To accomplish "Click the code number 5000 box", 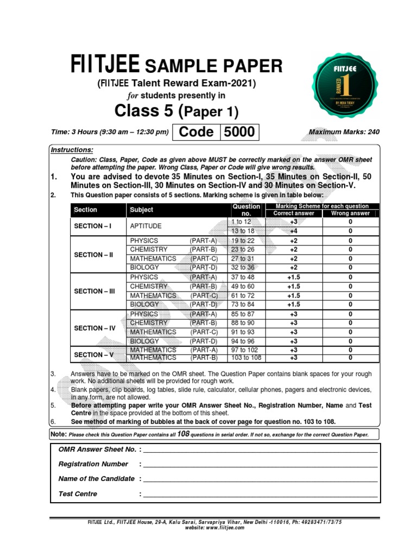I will (238, 132).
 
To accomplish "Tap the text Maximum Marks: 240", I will (344, 132).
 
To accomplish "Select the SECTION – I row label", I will (92, 226).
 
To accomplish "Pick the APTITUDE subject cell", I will (146, 226).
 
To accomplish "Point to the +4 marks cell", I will (293, 231).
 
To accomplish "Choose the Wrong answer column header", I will (350, 213).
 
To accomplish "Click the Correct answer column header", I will (293, 213).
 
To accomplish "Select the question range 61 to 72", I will (243, 295).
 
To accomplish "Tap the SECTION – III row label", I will (94, 291).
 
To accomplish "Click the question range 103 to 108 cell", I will (246, 358).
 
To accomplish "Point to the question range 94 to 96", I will (243, 341).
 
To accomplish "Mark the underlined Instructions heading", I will (71, 150).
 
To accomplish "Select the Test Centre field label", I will (78, 494).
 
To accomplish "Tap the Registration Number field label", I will (93, 464).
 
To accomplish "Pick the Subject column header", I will (141, 210).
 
